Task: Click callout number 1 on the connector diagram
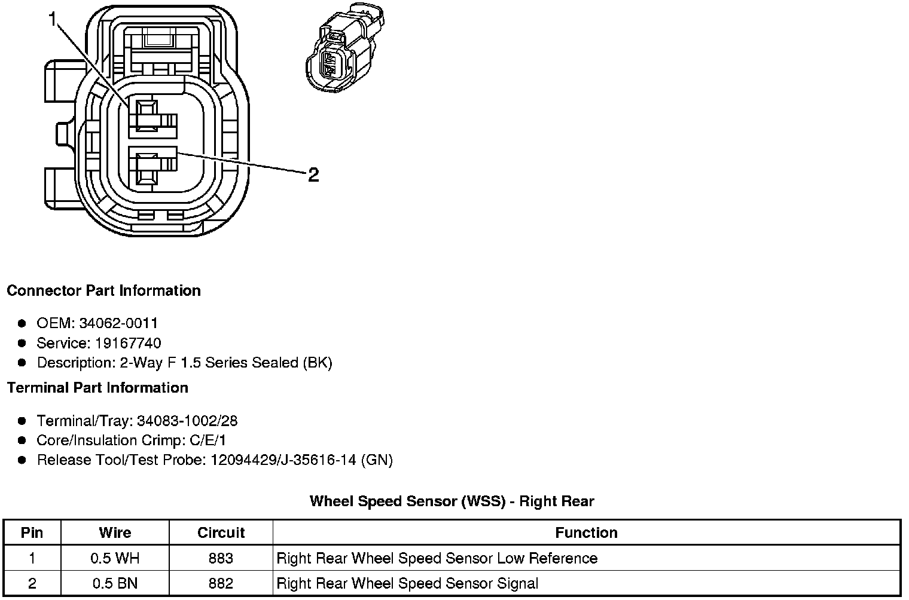pos(53,20)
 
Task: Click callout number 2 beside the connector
pos(313,175)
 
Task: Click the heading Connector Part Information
pos(103,291)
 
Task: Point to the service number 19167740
pos(128,343)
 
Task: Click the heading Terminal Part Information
pos(97,388)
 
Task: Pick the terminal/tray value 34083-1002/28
pos(187,421)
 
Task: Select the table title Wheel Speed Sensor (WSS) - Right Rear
pos(452,501)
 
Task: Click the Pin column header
pos(32,532)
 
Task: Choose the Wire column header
pos(115,532)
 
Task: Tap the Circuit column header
pos(221,532)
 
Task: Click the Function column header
pos(586,532)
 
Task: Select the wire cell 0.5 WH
pos(115,558)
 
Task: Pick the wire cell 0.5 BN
pos(115,583)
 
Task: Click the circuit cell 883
pos(221,558)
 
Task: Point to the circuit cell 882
pos(221,583)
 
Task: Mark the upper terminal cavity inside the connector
pos(147,115)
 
